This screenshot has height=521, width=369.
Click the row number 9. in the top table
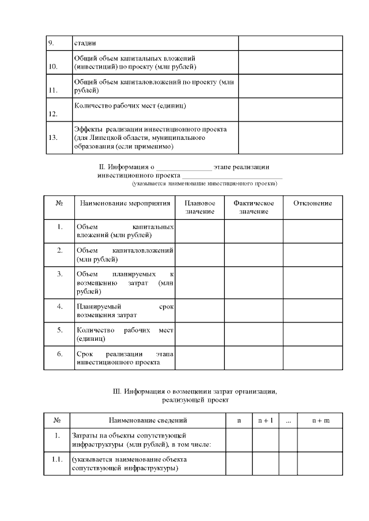click(x=51, y=43)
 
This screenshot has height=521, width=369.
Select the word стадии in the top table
click(x=85, y=43)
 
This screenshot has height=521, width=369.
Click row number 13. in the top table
click(x=54, y=138)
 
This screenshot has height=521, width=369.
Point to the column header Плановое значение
click(x=199, y=207)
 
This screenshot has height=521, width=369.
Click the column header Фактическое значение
click(x=253, y=207)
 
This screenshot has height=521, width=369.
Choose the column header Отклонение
click(x=312, y=203)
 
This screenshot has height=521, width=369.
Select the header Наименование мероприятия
click(x=125, y=203)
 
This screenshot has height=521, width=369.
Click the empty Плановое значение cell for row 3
click(x=199, y=282)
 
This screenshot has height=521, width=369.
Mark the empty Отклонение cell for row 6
click(x=312, y=358)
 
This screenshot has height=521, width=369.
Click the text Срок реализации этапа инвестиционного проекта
click(x=125, y=358)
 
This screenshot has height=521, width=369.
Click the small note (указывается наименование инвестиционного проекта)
click(x=204, y=184)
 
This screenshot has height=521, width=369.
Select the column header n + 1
click(x=265, y=421)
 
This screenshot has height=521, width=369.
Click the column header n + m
click(x=321, y=421)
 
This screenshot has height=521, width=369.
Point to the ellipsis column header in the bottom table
click(x=288, y=421)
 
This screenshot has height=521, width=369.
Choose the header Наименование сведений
click(x=148, y=421)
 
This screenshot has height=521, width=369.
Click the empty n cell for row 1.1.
click(x=239, y=464)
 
